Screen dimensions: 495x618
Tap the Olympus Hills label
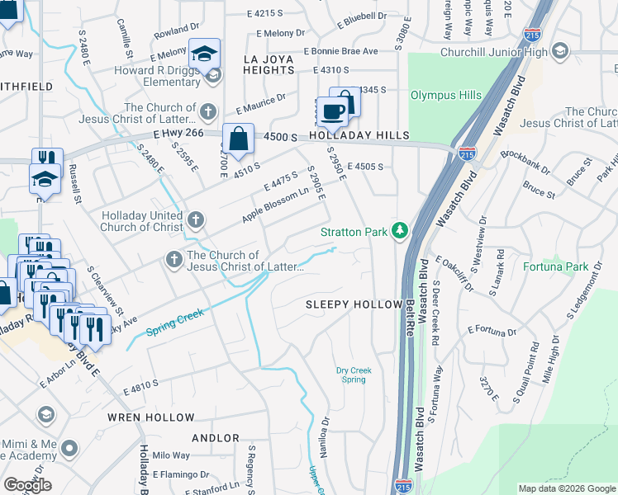[446, 96]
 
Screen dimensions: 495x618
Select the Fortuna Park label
[555, 266]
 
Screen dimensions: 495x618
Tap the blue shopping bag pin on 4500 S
[238, 139]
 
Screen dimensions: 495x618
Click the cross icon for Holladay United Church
[195, 219]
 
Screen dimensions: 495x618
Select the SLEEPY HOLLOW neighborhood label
[353, 304]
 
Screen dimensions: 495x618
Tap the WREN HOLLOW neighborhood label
[151, 418]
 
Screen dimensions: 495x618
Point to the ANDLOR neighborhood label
[216, 438]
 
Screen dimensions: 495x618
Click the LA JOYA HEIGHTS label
[269, 65]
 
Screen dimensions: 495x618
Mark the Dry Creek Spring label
[354, 375]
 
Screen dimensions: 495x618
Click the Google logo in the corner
[27, 485]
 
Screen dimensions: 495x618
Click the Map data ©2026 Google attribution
[566, 488]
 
